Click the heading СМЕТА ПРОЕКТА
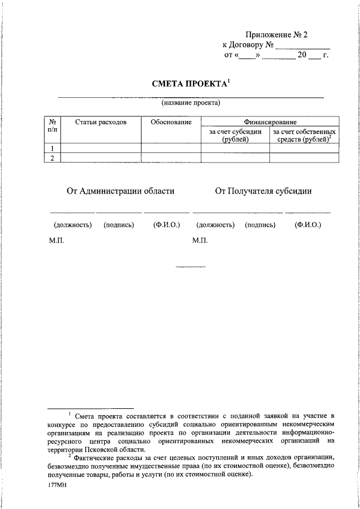[x=190, y=84]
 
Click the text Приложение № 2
[x=276, y=35]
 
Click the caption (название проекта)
[x=190, y=103]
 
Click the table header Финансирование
[x=270, y=122]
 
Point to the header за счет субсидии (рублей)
[x=235, y=136]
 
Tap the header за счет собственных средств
[x=304, y=136]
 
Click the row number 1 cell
[x=52, y=148]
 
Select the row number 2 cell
[x=52, y=158]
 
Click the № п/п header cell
[x=52, y=126]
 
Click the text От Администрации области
[x=120, y=191]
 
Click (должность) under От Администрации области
[x=73, y=225]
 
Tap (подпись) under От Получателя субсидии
[x=260, y=225]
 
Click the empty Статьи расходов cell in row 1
[x=100, y=148]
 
